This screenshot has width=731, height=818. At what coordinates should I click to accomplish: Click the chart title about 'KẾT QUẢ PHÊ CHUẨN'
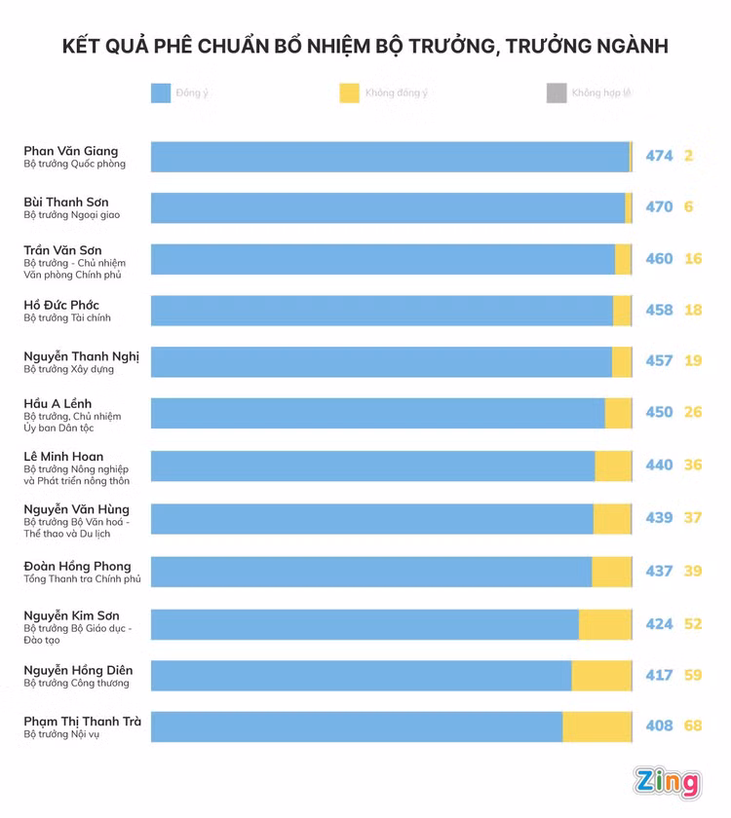coord(365,46)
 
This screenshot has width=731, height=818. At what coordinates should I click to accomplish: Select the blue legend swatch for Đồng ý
coord(161,93)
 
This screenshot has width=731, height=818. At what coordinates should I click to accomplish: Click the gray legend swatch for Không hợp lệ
coord(557,93)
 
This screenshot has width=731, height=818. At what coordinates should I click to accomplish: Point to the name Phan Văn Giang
coord(71,151)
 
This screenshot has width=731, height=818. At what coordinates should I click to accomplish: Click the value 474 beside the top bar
coord(659,156)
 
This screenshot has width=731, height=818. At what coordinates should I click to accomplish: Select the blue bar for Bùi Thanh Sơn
coord(388,207)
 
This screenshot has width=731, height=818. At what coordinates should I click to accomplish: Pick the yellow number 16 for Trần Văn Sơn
coord(693,259)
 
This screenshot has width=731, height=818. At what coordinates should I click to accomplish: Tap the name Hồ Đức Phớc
coord(61,305)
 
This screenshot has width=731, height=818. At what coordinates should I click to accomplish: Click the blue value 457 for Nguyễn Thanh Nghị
coord(659,361)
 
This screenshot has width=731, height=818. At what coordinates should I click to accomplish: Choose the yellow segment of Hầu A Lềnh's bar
coord(618,413)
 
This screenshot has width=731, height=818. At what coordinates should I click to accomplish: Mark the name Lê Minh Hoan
coord(63,457)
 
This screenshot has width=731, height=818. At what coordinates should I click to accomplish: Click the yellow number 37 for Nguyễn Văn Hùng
coord(693,518)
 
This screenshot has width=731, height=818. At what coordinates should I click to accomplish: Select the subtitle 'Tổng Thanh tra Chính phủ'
coord(83,579)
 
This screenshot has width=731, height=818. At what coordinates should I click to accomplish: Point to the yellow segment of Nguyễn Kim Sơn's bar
coord(605,624)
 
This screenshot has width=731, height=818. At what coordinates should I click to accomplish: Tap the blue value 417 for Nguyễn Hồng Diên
coord(659,675)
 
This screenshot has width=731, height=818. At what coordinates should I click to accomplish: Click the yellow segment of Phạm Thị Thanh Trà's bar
coord(597,726)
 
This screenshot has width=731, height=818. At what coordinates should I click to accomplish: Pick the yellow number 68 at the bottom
coord(693,726)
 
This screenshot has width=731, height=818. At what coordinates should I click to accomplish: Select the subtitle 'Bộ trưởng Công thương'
coord(77,684)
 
